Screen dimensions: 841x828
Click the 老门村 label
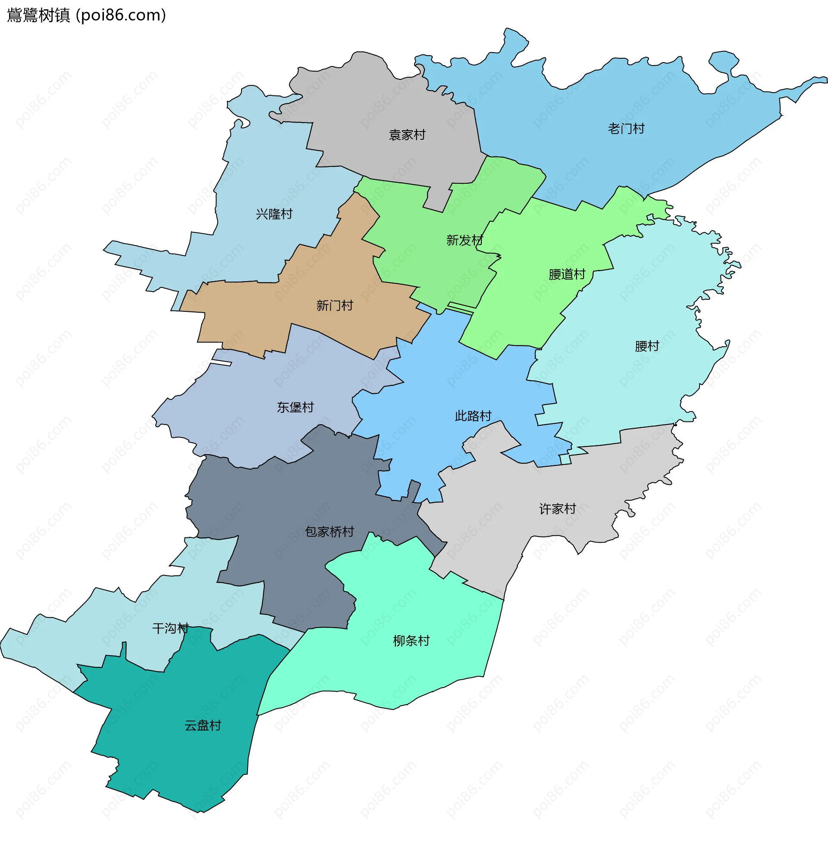point(626,129)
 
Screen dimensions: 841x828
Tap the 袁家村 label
point(407,135)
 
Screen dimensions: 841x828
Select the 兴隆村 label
point(274,214)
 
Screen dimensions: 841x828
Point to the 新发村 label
point(464,240)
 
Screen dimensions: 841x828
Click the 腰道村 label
point(567,274)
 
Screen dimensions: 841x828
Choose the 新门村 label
point(334,306)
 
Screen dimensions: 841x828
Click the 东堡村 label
point(295,407)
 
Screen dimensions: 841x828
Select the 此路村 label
point(473,416)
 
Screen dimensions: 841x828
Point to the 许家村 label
point(557,509)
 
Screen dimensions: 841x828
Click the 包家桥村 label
point(329,532)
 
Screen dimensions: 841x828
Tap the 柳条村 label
point(411,640)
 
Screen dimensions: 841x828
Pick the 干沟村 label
point(170,628)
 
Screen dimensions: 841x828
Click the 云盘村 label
point(203,725)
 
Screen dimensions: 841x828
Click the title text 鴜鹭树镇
point(38,15)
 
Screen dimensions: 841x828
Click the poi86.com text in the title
point(121,15)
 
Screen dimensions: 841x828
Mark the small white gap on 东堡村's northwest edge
point(221,362)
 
